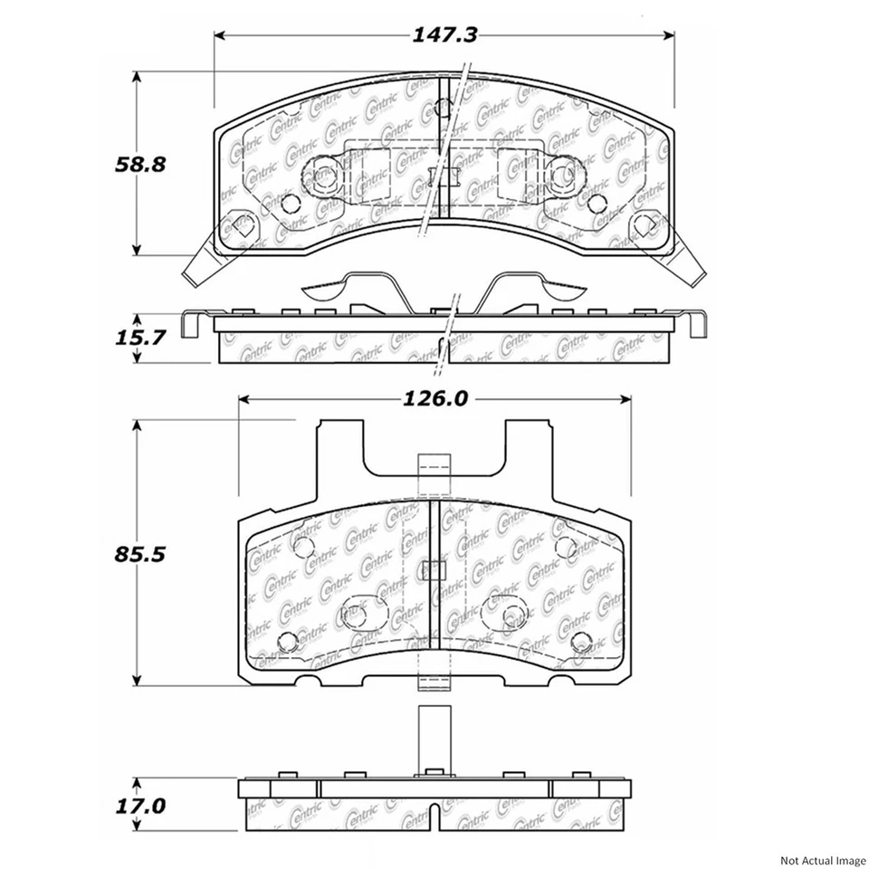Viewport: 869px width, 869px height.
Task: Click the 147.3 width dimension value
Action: (444, 35)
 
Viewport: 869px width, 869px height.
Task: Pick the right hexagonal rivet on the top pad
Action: (645, 223)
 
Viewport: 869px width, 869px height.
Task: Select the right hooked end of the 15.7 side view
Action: (699, 323)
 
